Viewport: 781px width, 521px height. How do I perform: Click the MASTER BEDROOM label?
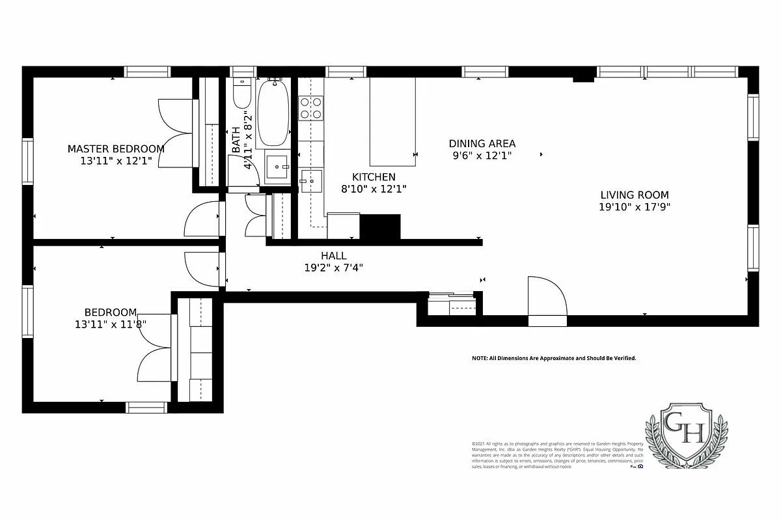coord(116,148)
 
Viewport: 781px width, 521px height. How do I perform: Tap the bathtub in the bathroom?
coord(273,114)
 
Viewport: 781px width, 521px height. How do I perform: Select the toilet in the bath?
coord(241,95)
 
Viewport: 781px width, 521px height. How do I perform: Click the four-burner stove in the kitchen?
coord(311,108)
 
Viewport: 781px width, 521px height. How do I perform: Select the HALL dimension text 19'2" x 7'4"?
coord(333,267)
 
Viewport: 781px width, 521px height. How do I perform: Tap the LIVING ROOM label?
coord(634,195)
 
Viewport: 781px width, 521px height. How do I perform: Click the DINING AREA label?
coord(482,143)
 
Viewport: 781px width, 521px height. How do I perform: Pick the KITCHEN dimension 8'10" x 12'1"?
coord(374,190)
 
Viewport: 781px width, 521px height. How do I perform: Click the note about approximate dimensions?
coord(554,358)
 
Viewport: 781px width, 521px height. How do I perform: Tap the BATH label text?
coord(236,140)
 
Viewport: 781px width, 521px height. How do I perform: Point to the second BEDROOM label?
coord(111,312)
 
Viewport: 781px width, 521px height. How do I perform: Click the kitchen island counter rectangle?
coord(392,122)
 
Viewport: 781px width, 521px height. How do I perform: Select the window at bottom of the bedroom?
coord(146,408)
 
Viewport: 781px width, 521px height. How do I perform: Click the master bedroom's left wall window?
coord(28,162)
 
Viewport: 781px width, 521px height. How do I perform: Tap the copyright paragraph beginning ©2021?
coord(557,455)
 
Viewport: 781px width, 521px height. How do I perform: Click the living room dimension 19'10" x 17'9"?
coord(634,207)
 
